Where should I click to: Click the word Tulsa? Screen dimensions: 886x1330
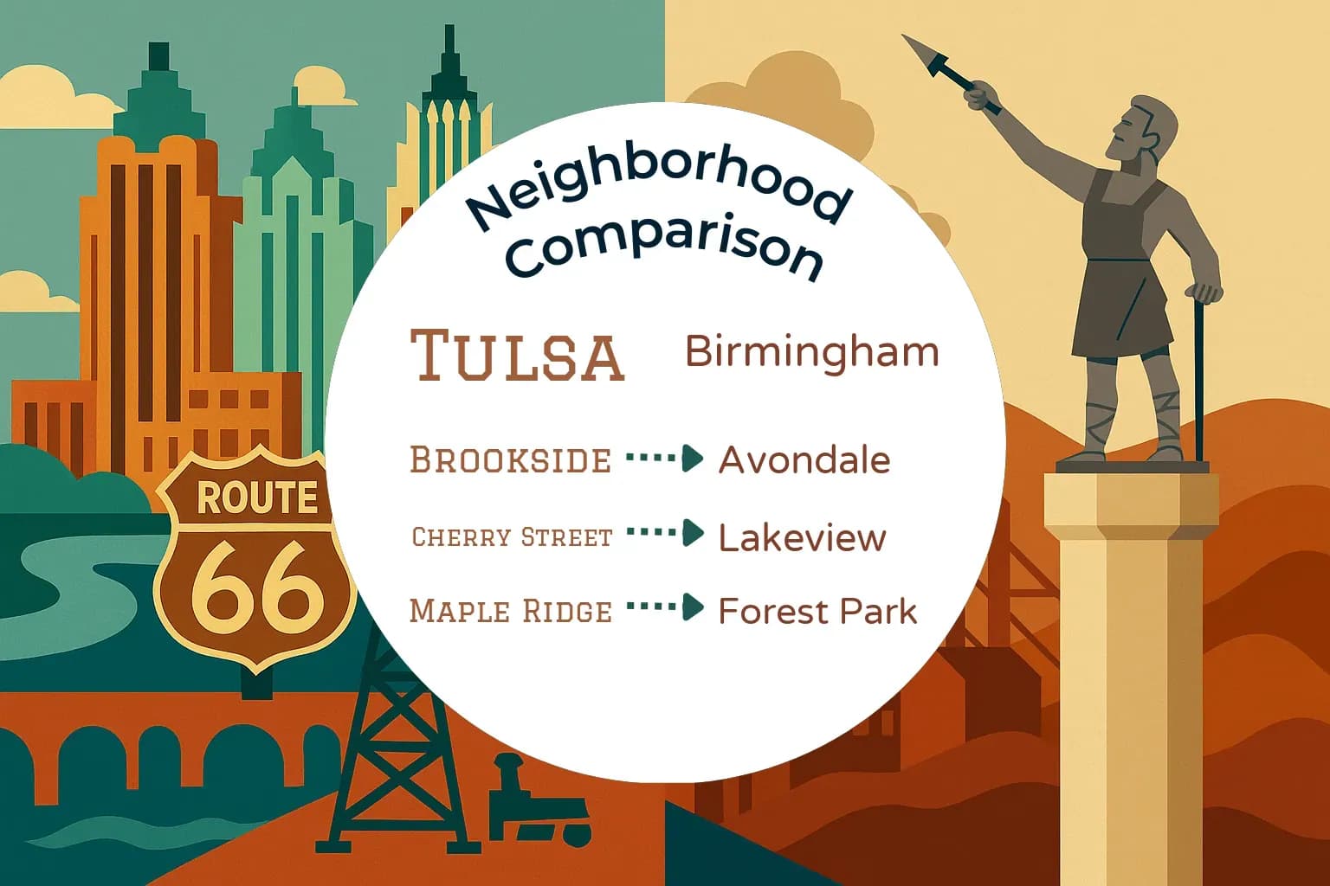(517, 355)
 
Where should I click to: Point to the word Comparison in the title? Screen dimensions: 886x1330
(665, 248)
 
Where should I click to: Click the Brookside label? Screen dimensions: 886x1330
(510, 460)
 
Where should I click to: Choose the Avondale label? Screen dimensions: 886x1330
(804, 460)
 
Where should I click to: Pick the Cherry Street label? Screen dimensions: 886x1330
(512, 537)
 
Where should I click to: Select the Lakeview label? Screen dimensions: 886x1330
(802, 538)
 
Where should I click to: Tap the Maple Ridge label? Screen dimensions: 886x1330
(511, 611)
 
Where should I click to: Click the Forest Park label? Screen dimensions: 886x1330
(817, 612)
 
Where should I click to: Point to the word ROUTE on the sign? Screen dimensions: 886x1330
(256, 498)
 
